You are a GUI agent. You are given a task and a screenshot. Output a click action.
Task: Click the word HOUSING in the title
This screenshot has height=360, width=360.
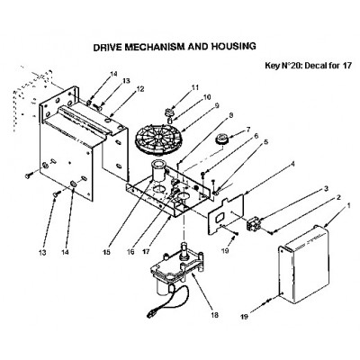click(x=234, y=46)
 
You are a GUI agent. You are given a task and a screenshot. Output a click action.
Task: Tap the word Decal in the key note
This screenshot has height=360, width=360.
click(x=314, y=66)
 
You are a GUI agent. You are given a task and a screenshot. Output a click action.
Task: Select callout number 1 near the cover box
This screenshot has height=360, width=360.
click(x=348, y=206)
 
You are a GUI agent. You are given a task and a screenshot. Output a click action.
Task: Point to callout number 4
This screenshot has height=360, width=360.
click(x=292, y=164)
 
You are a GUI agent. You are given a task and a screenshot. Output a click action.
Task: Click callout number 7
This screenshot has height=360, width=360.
click(x=247, y=130)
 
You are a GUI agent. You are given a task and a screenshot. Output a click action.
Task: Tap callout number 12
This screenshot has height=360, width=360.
click(x=140, y=89)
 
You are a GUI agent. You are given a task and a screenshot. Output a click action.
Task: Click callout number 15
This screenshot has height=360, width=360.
click(x=107, y=251)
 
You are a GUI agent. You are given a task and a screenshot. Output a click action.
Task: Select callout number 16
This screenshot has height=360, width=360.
click(x=130, y=251)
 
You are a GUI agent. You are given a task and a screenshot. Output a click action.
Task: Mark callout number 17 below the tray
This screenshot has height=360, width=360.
click(x=146, y=251)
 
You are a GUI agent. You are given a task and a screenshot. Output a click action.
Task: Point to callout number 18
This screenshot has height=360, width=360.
click(x=215, y=315)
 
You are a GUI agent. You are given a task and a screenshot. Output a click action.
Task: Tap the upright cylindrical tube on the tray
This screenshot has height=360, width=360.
click(x=158, y=171)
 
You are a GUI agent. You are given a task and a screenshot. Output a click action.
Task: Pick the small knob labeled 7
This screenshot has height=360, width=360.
click(x=221, y=139)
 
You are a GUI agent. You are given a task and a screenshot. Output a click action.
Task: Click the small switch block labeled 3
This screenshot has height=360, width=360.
click(x=253, y=224)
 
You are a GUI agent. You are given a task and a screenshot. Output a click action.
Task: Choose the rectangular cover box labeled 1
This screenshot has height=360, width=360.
click(x=304, y=265)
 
